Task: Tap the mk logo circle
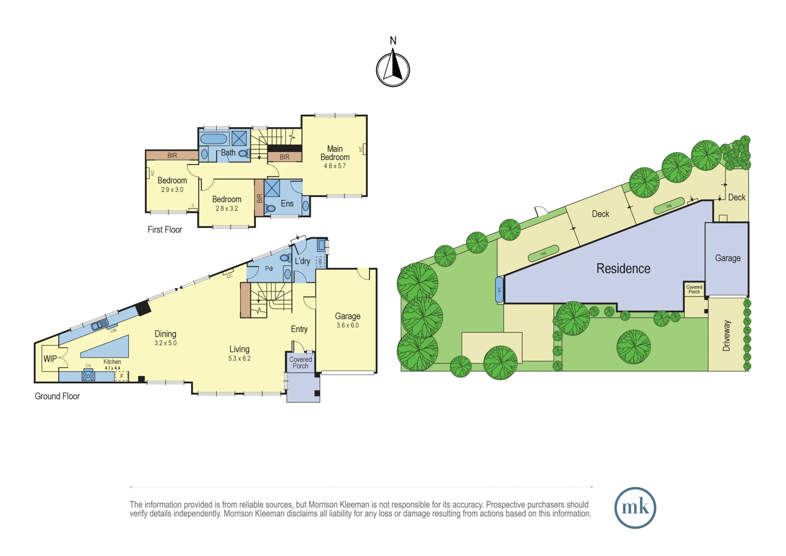635,508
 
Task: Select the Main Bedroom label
335,153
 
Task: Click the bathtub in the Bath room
214,139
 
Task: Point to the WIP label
50,359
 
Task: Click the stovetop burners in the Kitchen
88,376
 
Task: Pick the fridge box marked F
121,376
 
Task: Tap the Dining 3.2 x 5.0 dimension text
165,343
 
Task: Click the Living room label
239,349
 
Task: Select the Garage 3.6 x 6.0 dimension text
347,325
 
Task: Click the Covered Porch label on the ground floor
301,363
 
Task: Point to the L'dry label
302,261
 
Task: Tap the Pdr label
269,269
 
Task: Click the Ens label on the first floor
287,203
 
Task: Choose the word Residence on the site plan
623,269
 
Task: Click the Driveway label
726,336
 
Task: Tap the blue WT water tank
499,290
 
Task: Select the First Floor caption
165,230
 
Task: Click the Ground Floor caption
57,396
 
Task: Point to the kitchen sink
100,324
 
